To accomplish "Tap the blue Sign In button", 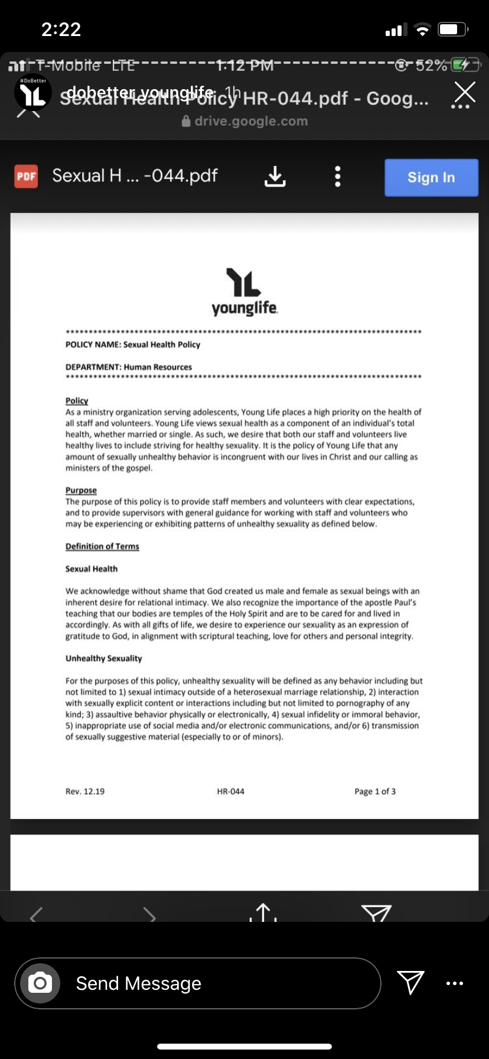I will (431, 177).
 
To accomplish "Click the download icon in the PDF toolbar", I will (275, 176).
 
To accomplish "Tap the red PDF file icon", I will (26, 176).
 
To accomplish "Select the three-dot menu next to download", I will (337, 176).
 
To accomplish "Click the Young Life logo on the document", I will (244, 291).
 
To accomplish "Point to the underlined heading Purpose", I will (81, 490).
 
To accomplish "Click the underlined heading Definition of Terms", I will (102, 546).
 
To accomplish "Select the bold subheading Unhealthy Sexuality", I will (104, 658).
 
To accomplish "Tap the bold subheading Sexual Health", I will (92, 569).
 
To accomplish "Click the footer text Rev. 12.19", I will (85, 791).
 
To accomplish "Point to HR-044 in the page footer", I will (230, 791).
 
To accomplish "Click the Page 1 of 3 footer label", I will (375, 791).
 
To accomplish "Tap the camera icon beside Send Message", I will (40, 983).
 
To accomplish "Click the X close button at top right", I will (465, 92).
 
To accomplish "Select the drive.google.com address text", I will (250, 121).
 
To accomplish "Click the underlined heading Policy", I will (77, 401).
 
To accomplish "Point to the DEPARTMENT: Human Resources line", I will (129, 367).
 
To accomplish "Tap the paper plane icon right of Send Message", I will (410, 982).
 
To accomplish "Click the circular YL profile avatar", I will (33, 93).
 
